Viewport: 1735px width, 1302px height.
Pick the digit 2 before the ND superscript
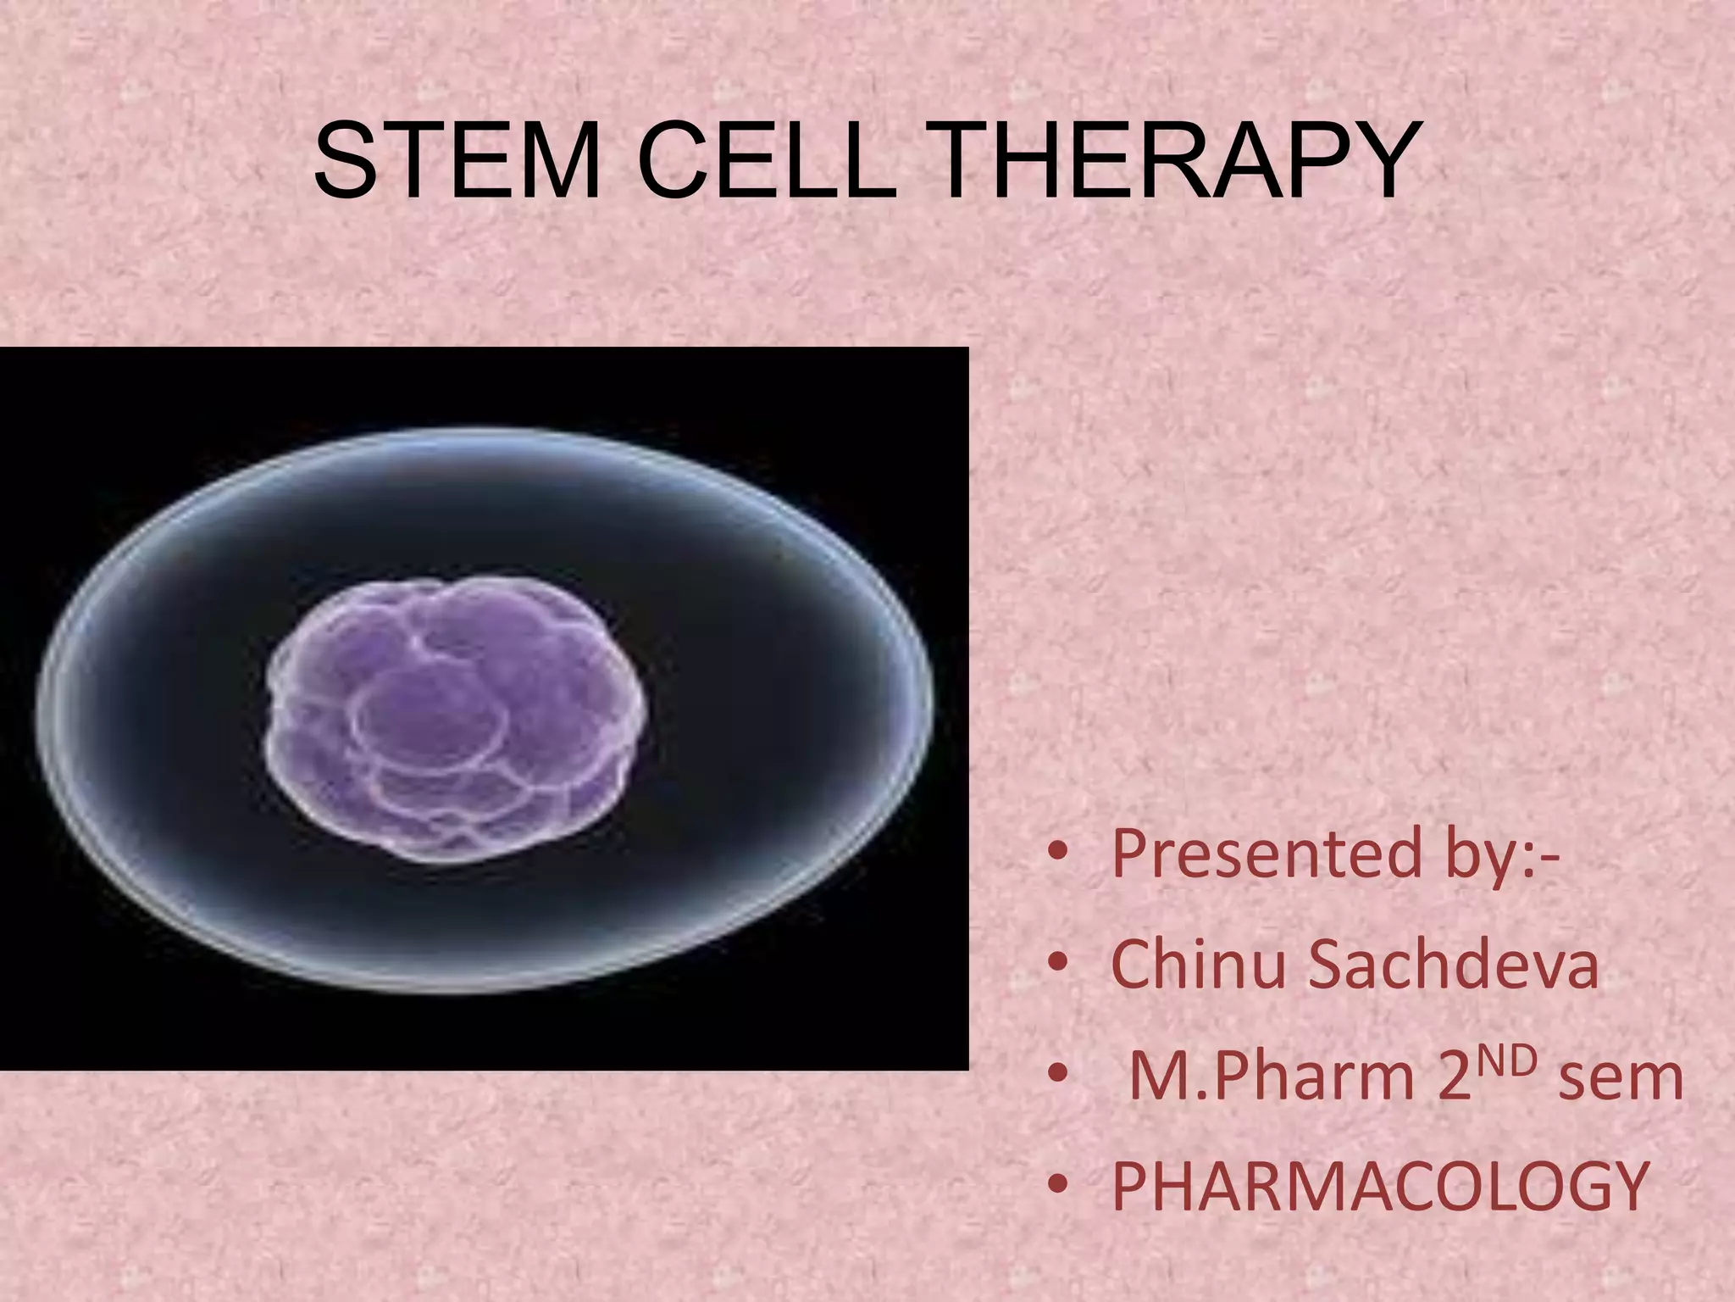click(1455, 1078)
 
